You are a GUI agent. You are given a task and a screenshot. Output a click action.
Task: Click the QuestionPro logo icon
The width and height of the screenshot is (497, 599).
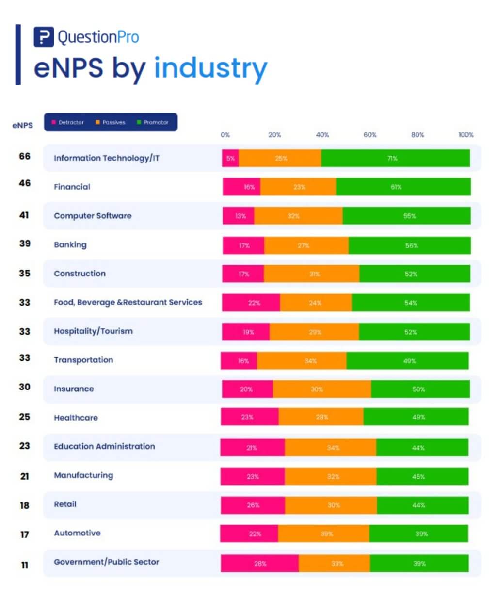(43, 37)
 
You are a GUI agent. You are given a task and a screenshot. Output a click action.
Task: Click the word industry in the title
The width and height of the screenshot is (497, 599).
(210, 68)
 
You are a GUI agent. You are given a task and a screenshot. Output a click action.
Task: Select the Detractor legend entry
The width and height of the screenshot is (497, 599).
(67, 122)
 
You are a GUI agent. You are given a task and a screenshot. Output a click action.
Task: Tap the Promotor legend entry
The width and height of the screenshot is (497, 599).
(153, 122)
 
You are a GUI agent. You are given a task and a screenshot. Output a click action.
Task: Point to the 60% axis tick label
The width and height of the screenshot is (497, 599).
(370, 135)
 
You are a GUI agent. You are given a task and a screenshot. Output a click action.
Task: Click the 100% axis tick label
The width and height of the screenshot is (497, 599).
(465, 135)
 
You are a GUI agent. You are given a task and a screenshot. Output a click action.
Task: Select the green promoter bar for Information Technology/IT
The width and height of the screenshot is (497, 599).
(395, 158)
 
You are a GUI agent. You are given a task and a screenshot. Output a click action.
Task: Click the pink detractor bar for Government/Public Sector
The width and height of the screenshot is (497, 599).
(259, 564)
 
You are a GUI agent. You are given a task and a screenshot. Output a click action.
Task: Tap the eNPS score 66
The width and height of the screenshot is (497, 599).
(25, 156)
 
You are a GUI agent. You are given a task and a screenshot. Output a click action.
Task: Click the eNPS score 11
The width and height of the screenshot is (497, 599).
(25, 565)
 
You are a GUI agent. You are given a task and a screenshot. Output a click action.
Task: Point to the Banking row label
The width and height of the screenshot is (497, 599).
(70, 244)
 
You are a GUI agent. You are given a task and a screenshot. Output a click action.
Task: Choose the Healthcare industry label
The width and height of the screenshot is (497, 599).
(76, 418)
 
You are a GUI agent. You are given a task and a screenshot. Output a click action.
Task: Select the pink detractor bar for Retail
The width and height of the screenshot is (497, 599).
(253, 505)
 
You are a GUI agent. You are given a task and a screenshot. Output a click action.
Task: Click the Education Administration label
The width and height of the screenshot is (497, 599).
(104, 446)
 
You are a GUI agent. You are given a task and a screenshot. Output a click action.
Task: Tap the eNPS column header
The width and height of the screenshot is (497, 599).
(23, 125)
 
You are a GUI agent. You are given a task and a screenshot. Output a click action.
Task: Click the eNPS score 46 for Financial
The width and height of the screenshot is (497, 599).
(25, 183)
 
